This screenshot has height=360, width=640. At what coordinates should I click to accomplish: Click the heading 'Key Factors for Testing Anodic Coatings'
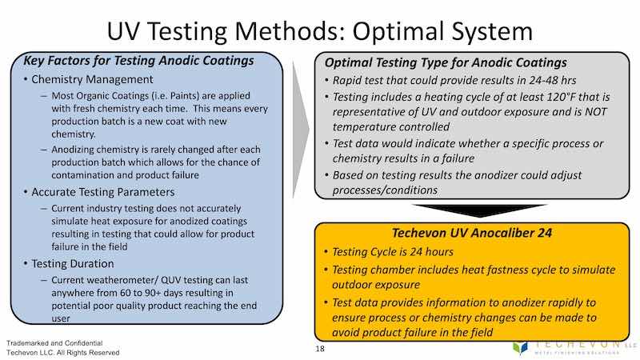[138, 60]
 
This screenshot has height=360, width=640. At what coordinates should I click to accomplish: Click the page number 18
[320, 350]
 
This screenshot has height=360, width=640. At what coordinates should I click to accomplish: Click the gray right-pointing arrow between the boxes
[298, 128]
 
